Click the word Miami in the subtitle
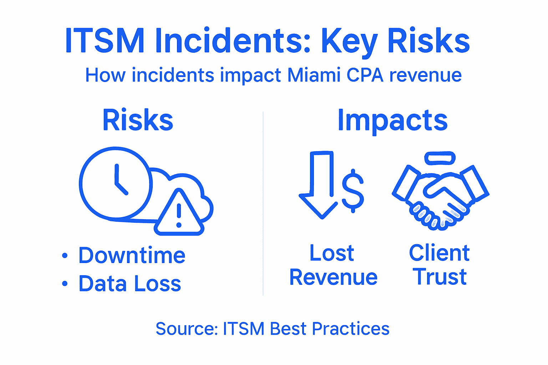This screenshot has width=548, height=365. [x=314, y=75]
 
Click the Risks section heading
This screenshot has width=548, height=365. [x=138, y=120]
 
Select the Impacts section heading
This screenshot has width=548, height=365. [x=392, y=120]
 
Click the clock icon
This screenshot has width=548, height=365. [x=115, y=183]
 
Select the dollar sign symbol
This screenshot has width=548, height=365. [x=353, y=190]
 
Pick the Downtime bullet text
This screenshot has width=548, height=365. [x=132, y=255]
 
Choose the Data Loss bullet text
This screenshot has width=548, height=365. [x=130, y=284]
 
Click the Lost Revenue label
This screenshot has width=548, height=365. [x=333, y=265]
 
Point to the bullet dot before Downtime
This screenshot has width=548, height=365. [x=65, y=255]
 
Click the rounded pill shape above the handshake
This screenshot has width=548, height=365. [x=440, y=158]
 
